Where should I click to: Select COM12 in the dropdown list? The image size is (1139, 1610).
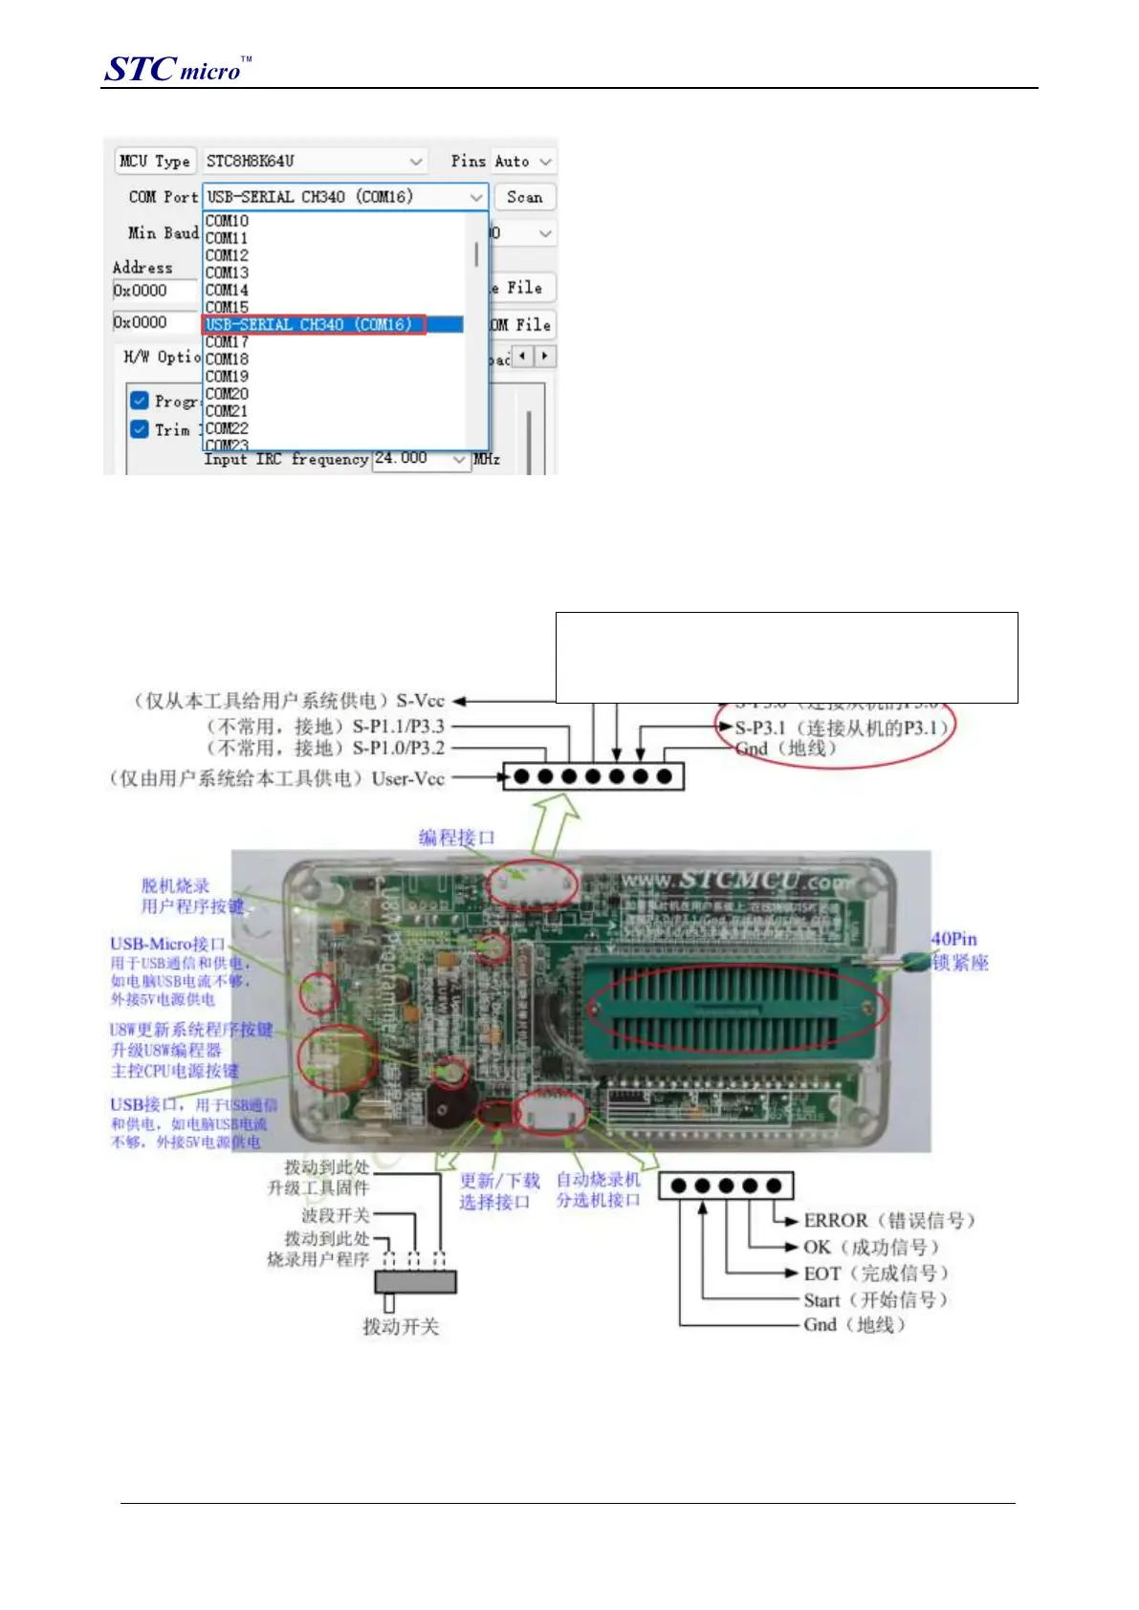click(x=227, y=255)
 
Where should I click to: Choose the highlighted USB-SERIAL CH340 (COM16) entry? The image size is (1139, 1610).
click(x=310, y=325)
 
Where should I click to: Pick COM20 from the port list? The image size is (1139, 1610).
click(x=227, y=394)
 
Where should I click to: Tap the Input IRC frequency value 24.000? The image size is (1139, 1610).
click(x=402, y=459)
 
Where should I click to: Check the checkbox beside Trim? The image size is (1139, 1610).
click(x=140, y=429)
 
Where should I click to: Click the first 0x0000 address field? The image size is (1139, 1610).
click(x=153, y=291)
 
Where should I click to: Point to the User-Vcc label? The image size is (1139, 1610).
click(x=408, y=778)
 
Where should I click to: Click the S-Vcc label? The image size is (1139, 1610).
click(x=421, y=701)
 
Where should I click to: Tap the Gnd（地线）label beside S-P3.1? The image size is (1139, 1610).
click(x=785, y=749)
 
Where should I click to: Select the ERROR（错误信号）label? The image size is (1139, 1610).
click(x=888, y=1221)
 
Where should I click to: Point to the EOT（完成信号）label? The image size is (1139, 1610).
click(x=875, y=1273)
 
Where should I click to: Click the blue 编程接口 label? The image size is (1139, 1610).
click(x=457, y=838)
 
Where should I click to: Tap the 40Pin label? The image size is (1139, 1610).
click(x=953, y=940)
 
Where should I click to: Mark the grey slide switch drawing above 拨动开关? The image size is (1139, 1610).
click(x=414, y=1281)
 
